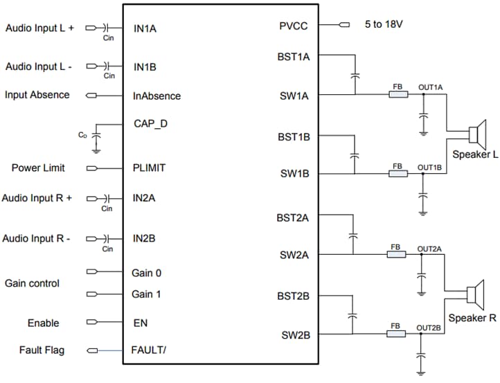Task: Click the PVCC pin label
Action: [x=293, y=26]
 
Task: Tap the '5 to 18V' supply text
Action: [x=384, y=24]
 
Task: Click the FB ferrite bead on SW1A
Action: [x=398, y=94]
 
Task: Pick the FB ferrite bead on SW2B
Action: [x=396, y=334]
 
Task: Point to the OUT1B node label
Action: [x=429, y=168]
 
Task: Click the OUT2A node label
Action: [x=429, y=248]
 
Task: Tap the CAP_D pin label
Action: [x=150, y=124]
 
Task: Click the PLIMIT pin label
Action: [x=150, y=168]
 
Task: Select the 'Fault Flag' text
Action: [x=42, y=350]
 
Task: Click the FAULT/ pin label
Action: [x=149, y=350]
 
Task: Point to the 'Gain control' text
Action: [x=32, y=283]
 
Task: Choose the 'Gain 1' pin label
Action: [x=146, y=294]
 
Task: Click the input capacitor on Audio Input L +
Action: [x=106, y=28]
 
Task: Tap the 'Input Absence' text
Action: [x=37, y=94]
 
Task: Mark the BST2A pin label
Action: [x=292, y=217]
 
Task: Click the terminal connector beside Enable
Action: [x=91, y=323]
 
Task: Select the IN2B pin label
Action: [x=144, y=238]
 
